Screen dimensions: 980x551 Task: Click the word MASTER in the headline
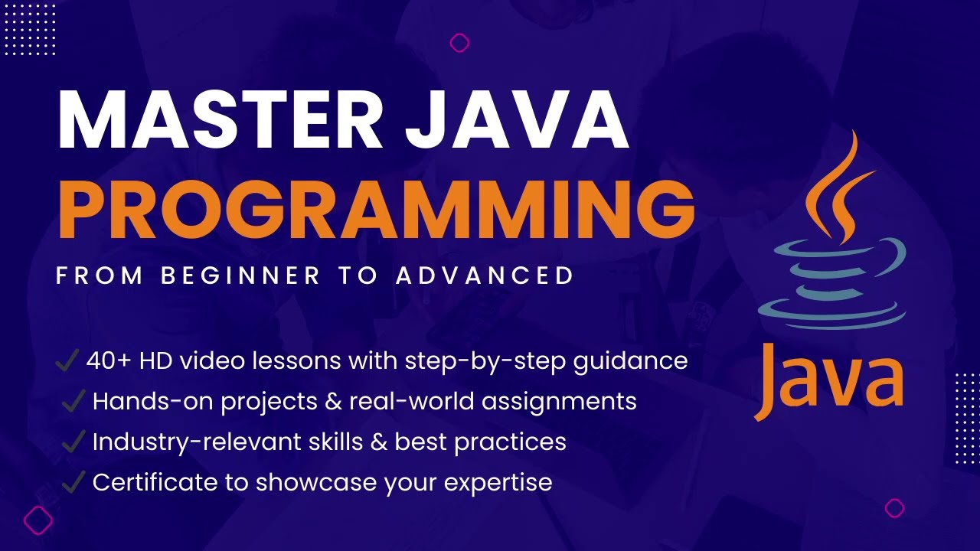click(220, 120)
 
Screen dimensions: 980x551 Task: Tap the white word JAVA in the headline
click(518, 120)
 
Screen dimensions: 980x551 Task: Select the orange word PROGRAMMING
click(377, 209)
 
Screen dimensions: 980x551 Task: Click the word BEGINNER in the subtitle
click(240, 275)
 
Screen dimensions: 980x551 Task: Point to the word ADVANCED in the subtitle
click(485, 275)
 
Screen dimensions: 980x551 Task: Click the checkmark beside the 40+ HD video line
click(67, 360)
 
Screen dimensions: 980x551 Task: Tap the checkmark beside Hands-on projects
click(73, 400)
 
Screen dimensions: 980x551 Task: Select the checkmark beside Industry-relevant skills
click(73, 441)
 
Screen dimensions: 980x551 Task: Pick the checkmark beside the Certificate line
click(73, 481)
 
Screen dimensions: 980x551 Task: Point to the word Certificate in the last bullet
click(155, 482)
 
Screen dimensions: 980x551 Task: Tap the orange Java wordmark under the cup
click(829, 380)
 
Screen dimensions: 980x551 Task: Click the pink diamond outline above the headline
click(460, 43)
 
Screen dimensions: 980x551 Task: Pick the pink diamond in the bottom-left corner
click(38, 520)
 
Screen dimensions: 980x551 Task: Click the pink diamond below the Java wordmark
click(895, 508)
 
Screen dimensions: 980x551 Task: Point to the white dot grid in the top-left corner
click(30, 30)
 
